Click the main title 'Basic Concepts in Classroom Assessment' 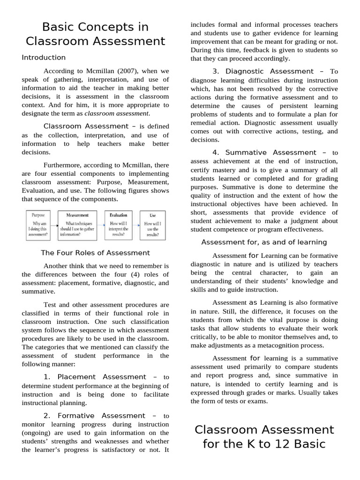96,34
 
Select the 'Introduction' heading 44,58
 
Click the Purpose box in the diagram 38,225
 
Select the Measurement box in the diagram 77,225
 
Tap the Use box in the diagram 153,225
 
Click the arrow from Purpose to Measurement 54,225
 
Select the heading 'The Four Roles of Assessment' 95,253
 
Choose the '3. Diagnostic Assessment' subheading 262,71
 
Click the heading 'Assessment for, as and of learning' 264,242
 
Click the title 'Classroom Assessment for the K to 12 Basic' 264,437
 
